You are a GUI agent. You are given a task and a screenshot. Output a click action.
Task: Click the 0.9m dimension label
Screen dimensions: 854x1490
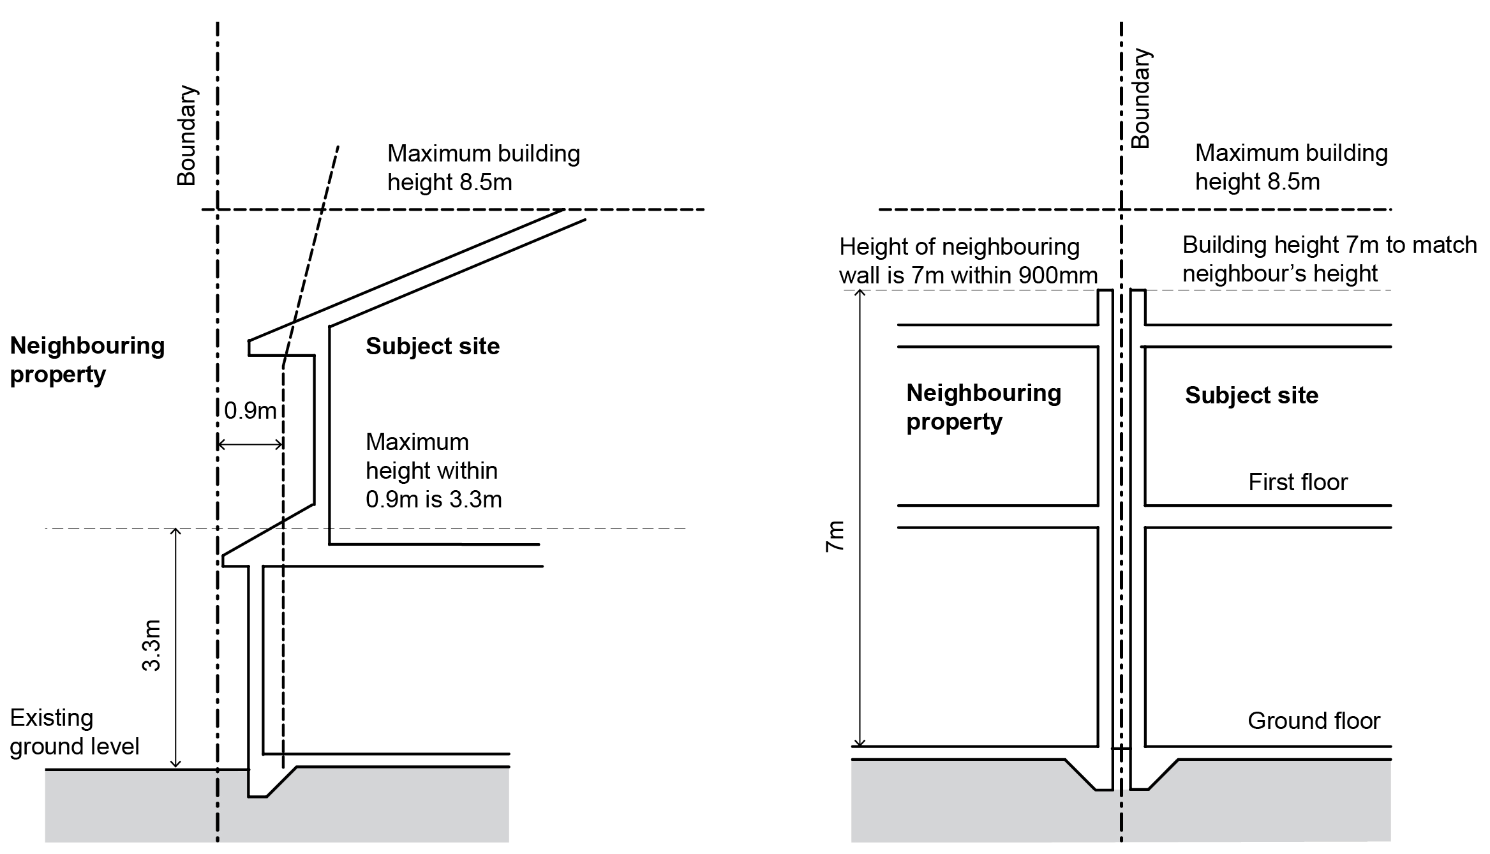click(250, 410)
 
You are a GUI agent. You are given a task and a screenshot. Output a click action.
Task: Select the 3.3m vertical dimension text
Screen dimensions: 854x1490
click(151, 645)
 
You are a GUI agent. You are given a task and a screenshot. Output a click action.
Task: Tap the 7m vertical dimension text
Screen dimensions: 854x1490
click(835, 537)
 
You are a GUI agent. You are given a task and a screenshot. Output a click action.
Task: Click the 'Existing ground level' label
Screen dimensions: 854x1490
click(74, 732)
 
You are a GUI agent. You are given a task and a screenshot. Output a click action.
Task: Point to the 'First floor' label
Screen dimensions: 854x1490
click(1297, 482)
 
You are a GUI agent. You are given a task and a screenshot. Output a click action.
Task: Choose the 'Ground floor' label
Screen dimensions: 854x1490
click(1313, 721)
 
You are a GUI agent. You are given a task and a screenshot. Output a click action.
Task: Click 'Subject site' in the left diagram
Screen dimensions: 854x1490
click(432, 346)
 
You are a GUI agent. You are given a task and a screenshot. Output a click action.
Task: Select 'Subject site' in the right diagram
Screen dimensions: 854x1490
click(1251, 395)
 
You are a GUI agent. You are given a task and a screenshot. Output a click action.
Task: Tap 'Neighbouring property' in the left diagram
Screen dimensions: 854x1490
click(87, 359)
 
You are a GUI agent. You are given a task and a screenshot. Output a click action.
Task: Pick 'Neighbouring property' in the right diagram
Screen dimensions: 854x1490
click(983, 407)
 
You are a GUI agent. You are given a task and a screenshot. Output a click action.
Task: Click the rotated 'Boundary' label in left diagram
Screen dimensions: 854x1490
click(186, 135)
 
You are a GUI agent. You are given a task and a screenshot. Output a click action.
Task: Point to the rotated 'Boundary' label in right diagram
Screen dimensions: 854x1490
click(1140, 98)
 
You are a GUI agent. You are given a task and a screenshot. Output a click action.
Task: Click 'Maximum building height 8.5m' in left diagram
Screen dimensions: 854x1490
click(483, 168)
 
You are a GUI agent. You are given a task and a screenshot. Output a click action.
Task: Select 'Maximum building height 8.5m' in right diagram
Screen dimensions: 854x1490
click(1291, 167)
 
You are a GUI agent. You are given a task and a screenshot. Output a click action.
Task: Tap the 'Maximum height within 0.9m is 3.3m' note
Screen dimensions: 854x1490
click(433, 470)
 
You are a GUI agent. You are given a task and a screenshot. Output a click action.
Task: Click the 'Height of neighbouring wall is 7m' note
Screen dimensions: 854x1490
click(967, 261)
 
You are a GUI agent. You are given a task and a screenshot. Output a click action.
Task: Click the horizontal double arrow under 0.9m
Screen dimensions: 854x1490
click(250, 444)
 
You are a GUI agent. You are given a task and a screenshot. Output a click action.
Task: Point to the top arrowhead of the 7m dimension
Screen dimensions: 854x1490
click(860, 294)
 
